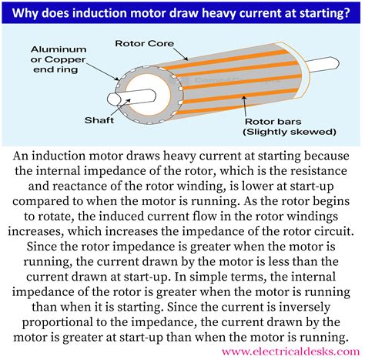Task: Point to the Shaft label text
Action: point(99,121)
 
